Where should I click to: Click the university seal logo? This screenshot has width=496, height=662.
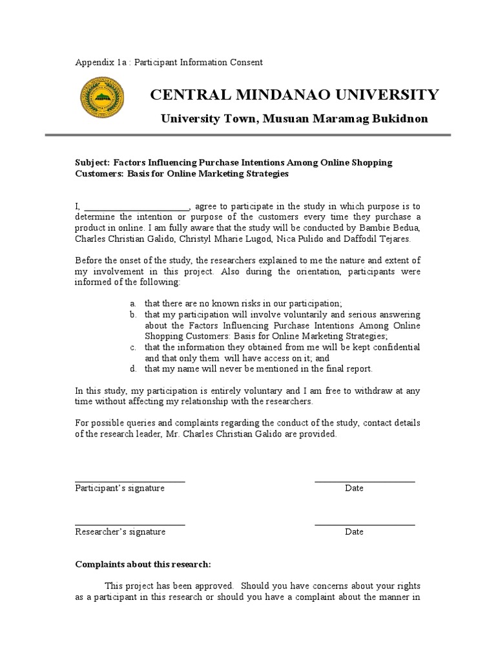point(102,101)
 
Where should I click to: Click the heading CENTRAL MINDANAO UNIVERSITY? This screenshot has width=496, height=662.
point(294,95)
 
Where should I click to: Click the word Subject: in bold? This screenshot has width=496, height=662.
point(93,163)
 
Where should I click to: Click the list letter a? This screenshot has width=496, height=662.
point(132,303)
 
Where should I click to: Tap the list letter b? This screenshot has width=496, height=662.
point(132,314)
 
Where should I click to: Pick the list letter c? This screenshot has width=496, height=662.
point(132,347)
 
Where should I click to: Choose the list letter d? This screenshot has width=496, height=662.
point(132,369)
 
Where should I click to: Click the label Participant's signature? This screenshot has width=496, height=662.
point(119,488)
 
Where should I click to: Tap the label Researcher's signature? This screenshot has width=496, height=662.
point(120,531)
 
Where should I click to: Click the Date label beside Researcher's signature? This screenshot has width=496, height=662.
point(354,531)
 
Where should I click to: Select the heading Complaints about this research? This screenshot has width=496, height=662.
point(143,564)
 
